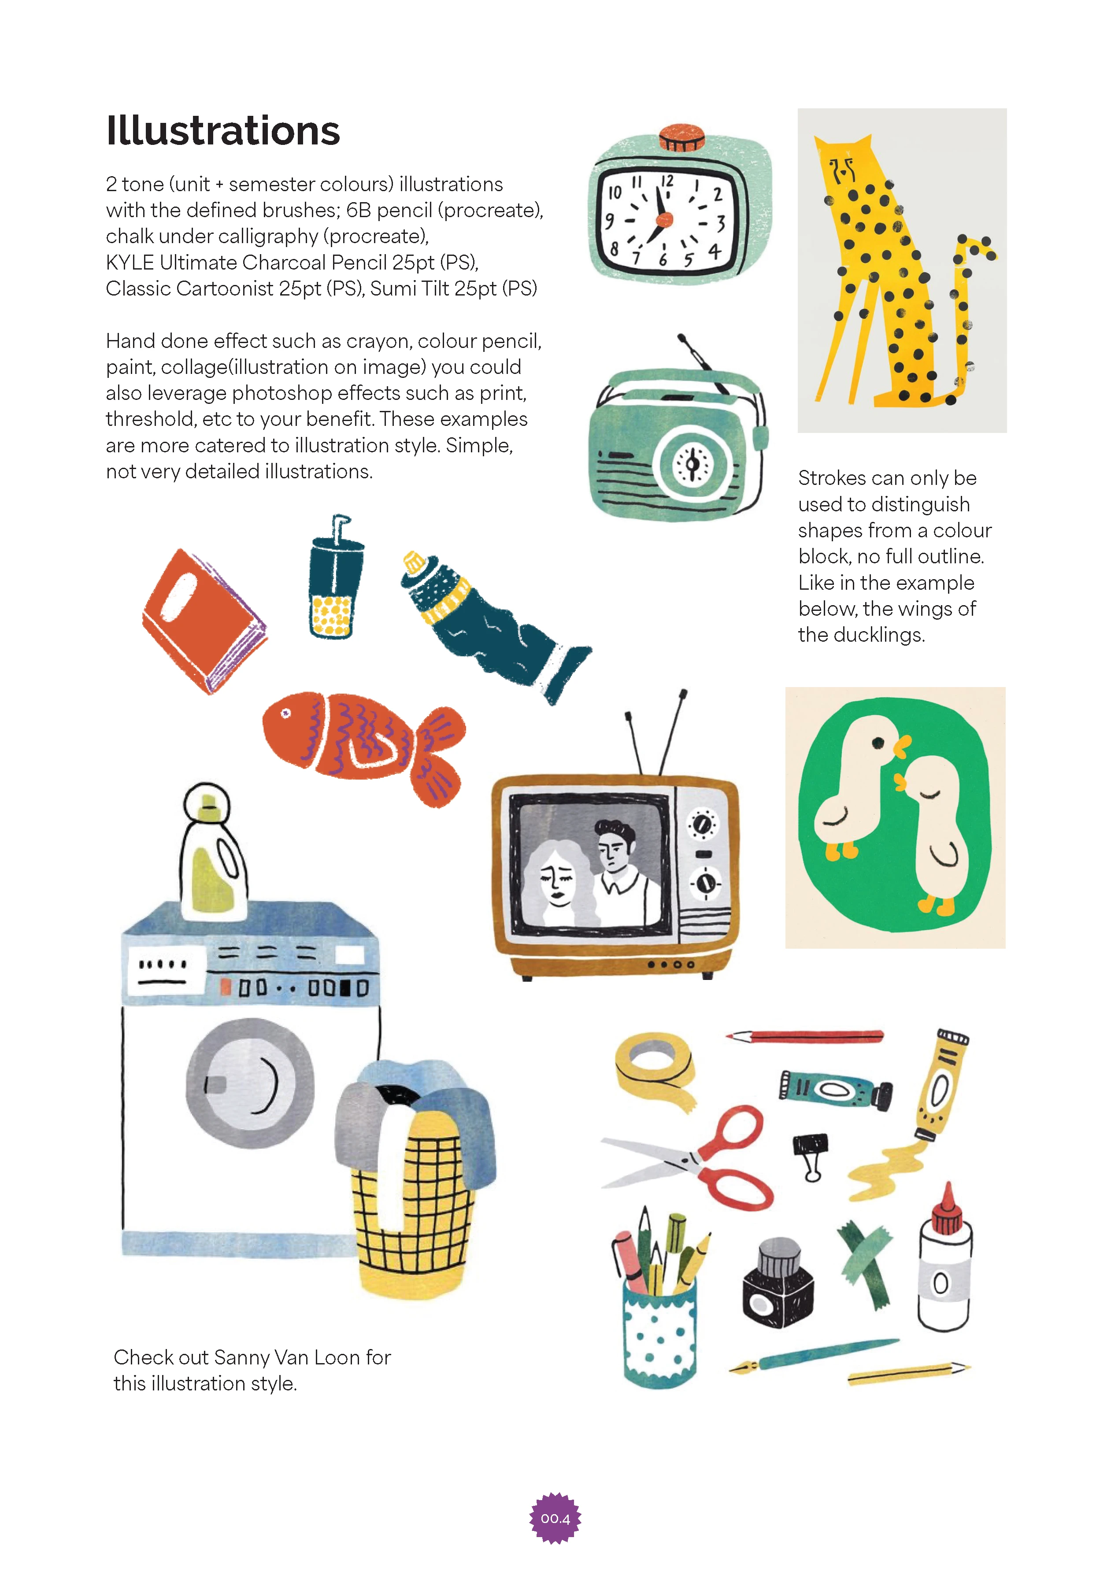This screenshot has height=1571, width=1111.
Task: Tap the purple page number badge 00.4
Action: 555,1518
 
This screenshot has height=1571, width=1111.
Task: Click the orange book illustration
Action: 204,621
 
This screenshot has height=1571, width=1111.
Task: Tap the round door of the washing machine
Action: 250,1083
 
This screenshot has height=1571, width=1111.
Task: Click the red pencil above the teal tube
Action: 804,1035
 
